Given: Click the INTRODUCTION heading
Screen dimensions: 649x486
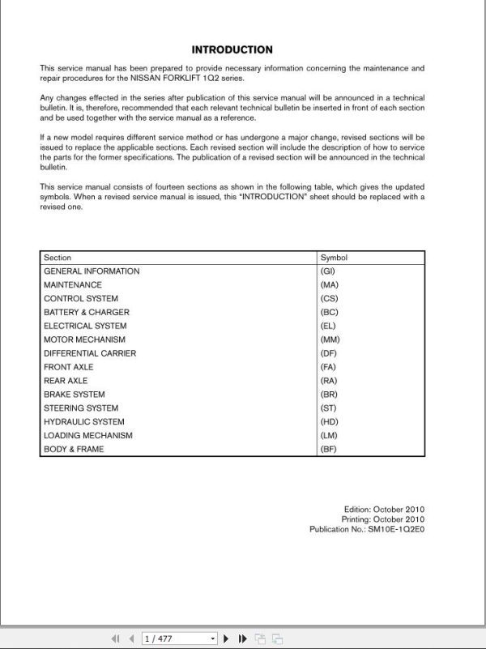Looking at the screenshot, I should (x=232, y=49).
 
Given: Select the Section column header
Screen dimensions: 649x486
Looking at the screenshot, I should (x=58, y=258).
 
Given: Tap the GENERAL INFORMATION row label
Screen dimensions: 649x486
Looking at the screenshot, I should (x=92, y=271).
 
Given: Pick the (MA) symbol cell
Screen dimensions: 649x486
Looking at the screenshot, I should (x=329, y=285).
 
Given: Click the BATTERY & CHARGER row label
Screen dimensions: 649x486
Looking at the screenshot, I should (x=87, y=313).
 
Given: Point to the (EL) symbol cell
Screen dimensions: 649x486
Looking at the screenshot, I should (x=328, y=326).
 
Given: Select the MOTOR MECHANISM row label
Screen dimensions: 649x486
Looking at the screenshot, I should (x=84, y=339).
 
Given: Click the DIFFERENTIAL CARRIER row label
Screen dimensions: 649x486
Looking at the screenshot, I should (x=90, y=353).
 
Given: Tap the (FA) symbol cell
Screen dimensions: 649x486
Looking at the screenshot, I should (x=328, y=367).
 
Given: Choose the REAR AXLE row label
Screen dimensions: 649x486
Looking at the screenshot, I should (x=66, y=381).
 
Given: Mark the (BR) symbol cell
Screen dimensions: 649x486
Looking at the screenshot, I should (x=328, y=395).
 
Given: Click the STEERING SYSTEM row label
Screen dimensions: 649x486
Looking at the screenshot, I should (x=81, y=408).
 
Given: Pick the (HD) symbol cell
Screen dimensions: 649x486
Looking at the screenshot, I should (x=329, y=422).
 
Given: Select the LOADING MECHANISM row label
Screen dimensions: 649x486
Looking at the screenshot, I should (x=88, y=436).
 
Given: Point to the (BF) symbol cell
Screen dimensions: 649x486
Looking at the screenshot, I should (x=328, y=449).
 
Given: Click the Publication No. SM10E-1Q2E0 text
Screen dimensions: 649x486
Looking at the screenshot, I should (x=367, y=529).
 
